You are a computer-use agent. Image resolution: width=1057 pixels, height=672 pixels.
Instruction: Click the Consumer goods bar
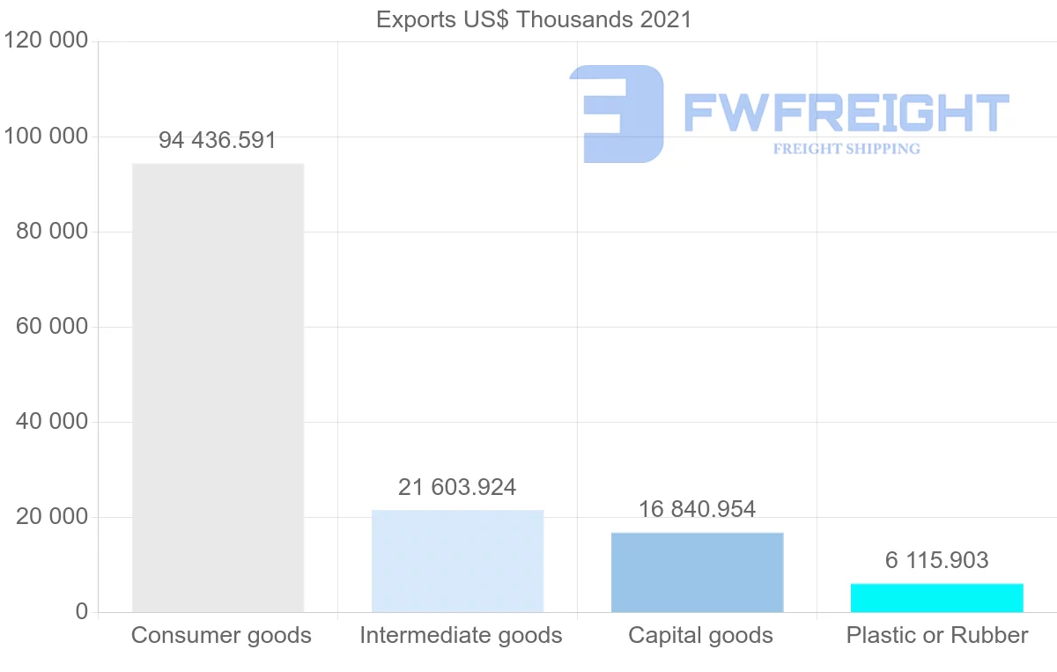tap(218, 388)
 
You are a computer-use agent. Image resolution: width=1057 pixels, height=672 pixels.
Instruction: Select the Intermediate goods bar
tap(457, 561)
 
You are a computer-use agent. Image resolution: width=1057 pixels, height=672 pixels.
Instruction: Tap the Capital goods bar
tap(697, 572)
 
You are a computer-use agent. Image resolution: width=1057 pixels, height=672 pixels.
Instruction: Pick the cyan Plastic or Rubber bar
tap(936, 598)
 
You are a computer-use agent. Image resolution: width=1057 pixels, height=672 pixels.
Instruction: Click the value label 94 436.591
tap(218, 140)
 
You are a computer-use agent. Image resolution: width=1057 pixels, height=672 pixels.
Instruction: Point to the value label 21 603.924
tap(457, 487)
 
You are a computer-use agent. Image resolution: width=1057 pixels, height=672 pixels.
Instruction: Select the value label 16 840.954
tap(697, 509)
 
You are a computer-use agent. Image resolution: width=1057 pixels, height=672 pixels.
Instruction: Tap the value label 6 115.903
tap(936, 560)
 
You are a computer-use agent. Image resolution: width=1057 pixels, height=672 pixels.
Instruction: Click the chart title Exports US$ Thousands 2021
tap(534, 19)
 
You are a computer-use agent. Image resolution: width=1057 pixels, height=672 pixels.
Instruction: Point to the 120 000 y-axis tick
tap(46, 41)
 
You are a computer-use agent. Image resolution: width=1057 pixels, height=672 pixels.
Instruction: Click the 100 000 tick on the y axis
tap(46, 137)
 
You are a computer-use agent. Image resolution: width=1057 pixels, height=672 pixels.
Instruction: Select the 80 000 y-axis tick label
tap(52, 232)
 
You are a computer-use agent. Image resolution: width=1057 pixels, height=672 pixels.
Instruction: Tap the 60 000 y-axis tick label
tap(52, 327)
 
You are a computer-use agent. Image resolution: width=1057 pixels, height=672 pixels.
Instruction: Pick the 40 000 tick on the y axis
tap(52, 422)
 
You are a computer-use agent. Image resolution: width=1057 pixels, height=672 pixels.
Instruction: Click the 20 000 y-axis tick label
tap(52, 517)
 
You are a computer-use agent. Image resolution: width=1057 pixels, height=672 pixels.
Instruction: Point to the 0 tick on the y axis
tap(82, 612)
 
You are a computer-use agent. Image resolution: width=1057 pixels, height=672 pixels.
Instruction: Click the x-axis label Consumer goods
tap(221, 635)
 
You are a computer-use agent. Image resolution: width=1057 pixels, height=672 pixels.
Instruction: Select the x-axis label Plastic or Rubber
tap(937, 635)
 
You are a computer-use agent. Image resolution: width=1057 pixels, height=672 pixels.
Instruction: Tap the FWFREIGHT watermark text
tap(846, 114)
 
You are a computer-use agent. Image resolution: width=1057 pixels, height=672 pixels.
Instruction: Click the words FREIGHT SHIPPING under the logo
tap(846, 149)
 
